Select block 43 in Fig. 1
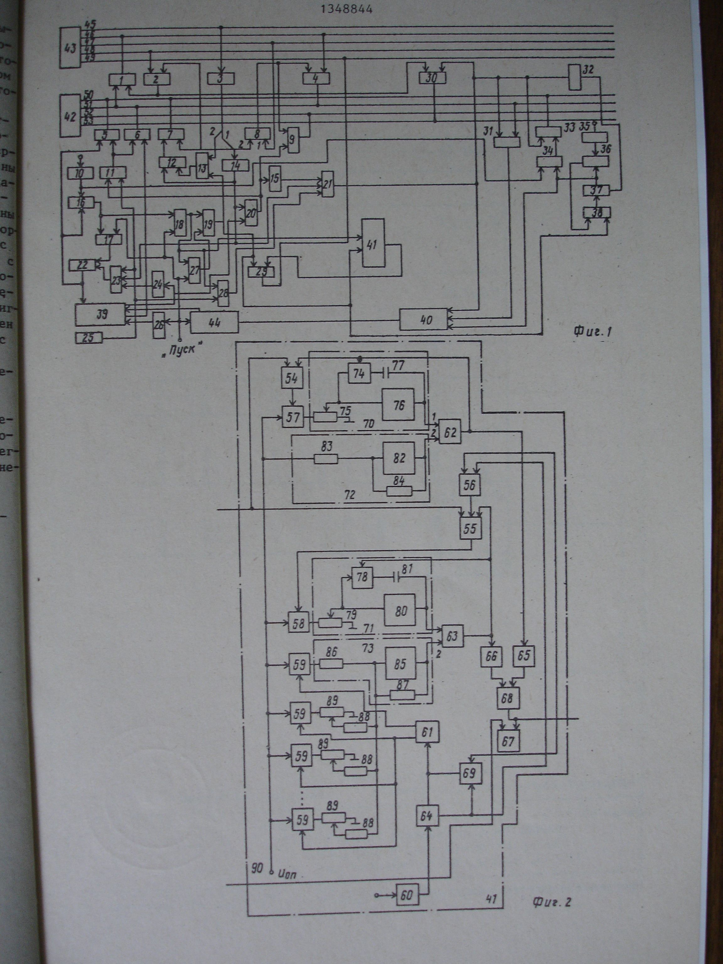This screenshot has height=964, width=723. (x=70, y=47)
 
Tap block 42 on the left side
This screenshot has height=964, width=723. (x=70, y=117)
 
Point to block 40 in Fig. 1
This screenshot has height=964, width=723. (x=425, y=320)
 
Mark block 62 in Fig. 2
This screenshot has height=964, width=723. (x=450, y=433)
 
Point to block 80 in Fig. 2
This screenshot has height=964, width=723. (x=400, y=611)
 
